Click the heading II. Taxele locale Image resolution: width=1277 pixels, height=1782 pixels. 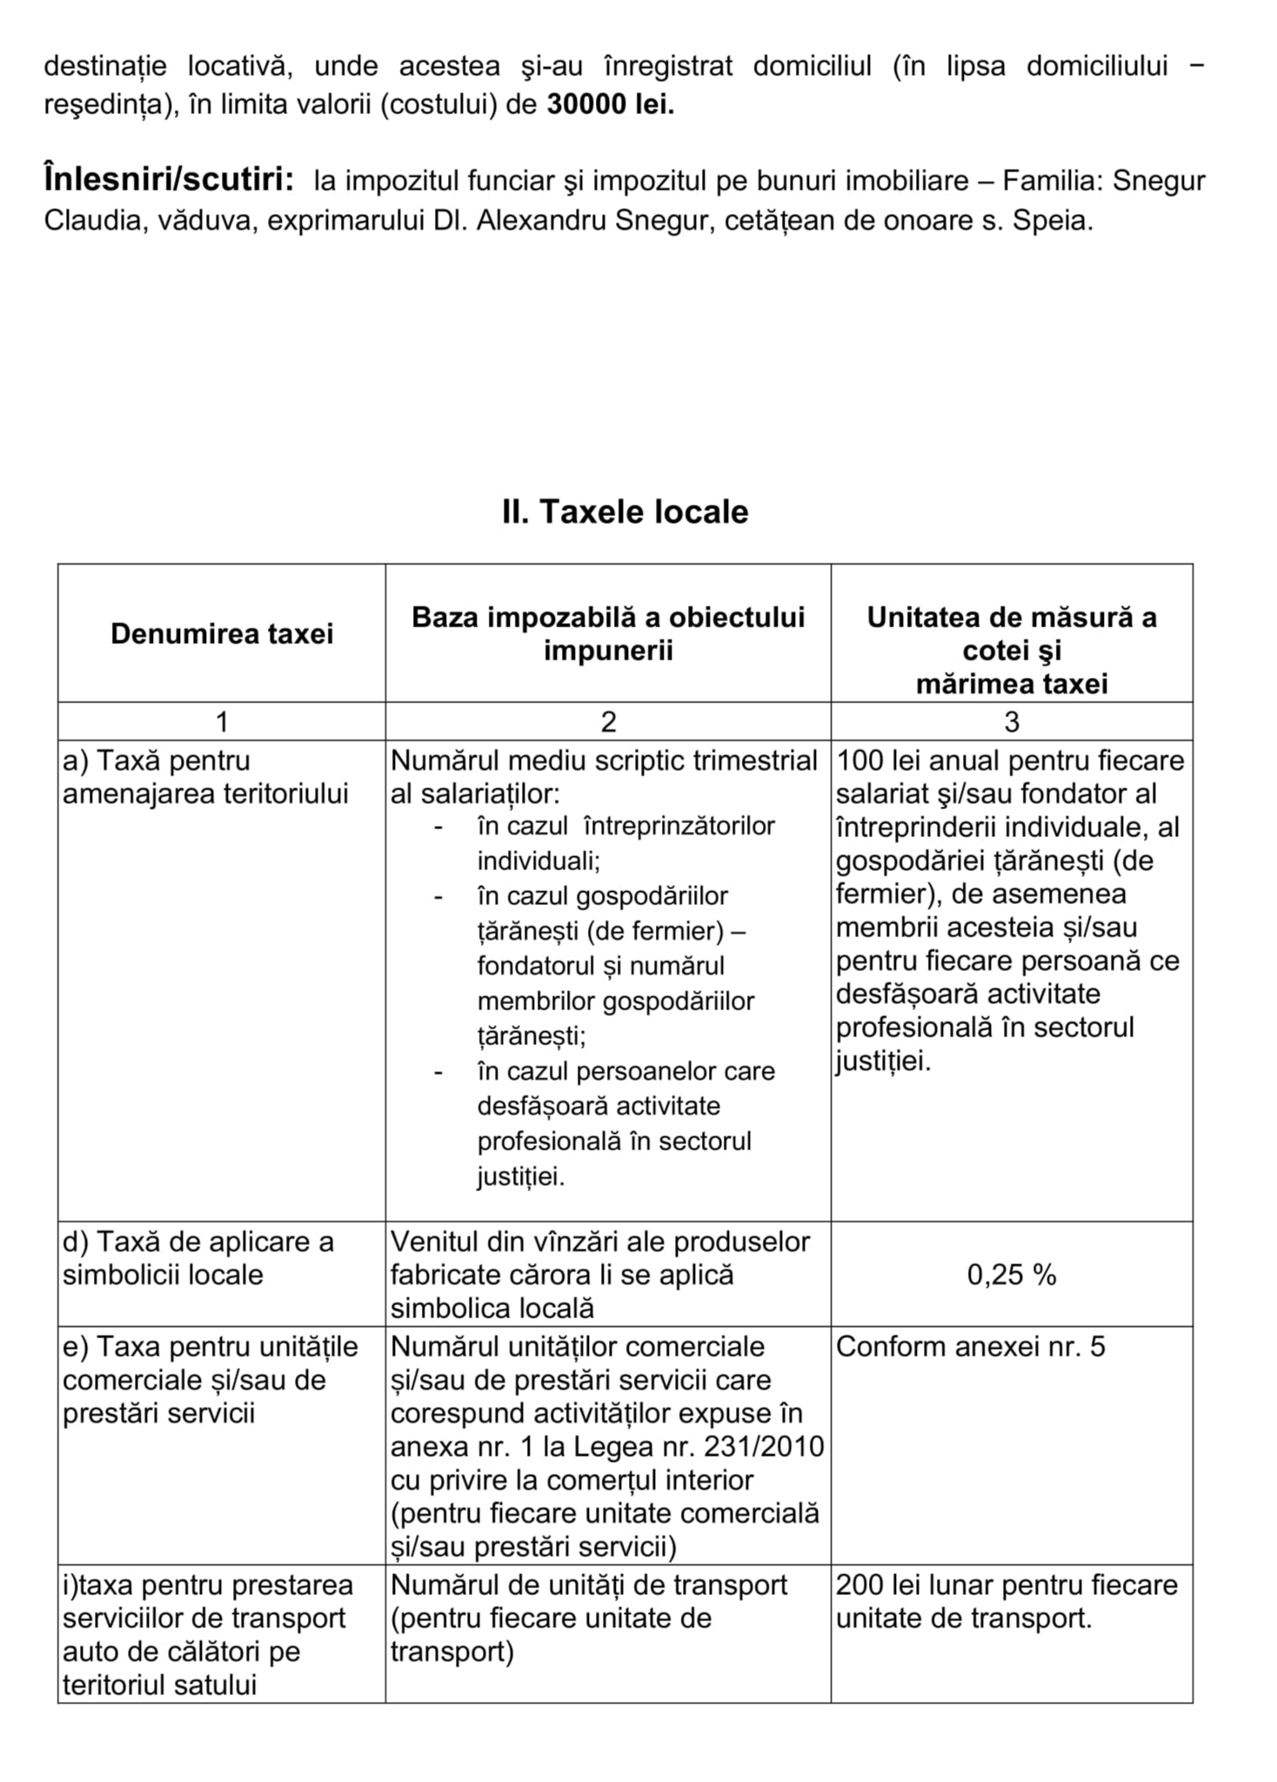pos(625,512)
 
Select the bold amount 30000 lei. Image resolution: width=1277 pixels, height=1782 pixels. pos(610,104)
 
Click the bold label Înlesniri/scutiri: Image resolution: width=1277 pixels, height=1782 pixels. pos(169,180)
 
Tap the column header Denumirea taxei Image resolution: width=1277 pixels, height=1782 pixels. pos(222,633)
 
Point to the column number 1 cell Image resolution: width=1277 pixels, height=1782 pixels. pos(222,721)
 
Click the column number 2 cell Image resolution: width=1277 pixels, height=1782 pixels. pos(608,721)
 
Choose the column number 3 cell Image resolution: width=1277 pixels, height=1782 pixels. pos(1011,721)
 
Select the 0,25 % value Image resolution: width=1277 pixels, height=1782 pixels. pos(1011,1275)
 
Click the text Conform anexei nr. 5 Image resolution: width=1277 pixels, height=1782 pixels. pos(970,1347)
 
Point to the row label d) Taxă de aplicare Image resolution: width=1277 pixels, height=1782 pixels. pos(198,1242)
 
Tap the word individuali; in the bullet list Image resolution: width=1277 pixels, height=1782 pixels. pos(538,861)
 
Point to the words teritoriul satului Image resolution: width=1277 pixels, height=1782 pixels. pos(160,1685)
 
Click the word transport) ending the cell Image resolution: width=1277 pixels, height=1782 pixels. pos(451,1651)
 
